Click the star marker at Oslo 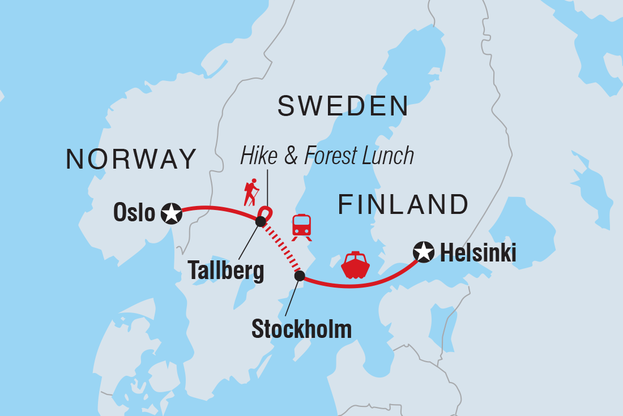(x=171, y=213)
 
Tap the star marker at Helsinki (x=424, y=252)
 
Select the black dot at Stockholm (x=300, y=276)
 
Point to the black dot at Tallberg (x=260, y=222)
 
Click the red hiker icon (x=251, y=192)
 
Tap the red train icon (x=301, y=228)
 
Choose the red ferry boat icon (x=356, y=265)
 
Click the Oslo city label (x=134, y=213)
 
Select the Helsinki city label (x=478, y=253)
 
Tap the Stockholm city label (x=301, y=328)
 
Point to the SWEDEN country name (x=343, y=106)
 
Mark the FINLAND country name (x=403, y=204)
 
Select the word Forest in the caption (x=332, y=156)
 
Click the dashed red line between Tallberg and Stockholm (x=280, y=250)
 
